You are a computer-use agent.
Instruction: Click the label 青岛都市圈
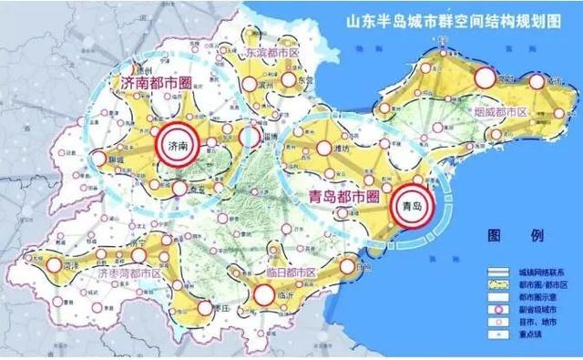click(x=338, y=193)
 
